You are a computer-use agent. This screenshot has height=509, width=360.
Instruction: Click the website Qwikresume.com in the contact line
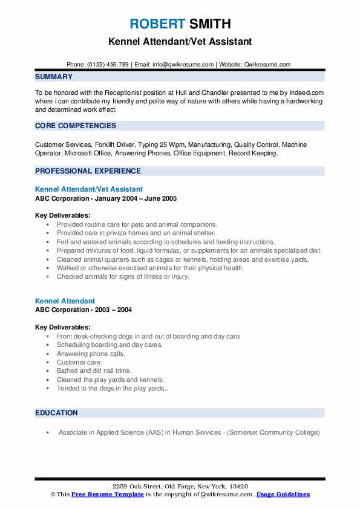[x=267, y=65]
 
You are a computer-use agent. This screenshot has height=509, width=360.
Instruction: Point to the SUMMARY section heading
[x=54, y=77]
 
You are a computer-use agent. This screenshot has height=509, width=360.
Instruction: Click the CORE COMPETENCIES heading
[x=76, y=126]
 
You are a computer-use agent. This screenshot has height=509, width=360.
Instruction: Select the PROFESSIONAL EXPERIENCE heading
[x=83, y=172]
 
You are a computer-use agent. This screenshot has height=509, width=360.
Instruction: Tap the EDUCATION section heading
[x=56, y=413]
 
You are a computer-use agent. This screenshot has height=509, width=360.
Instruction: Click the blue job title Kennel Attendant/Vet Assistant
[x=89, y=189]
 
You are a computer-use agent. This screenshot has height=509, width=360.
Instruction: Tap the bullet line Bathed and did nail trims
[x=94, y=371]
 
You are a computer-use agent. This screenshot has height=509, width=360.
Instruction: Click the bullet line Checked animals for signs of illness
[x=123, y=276]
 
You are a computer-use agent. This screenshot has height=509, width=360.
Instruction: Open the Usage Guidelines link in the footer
[x=283, y=494]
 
